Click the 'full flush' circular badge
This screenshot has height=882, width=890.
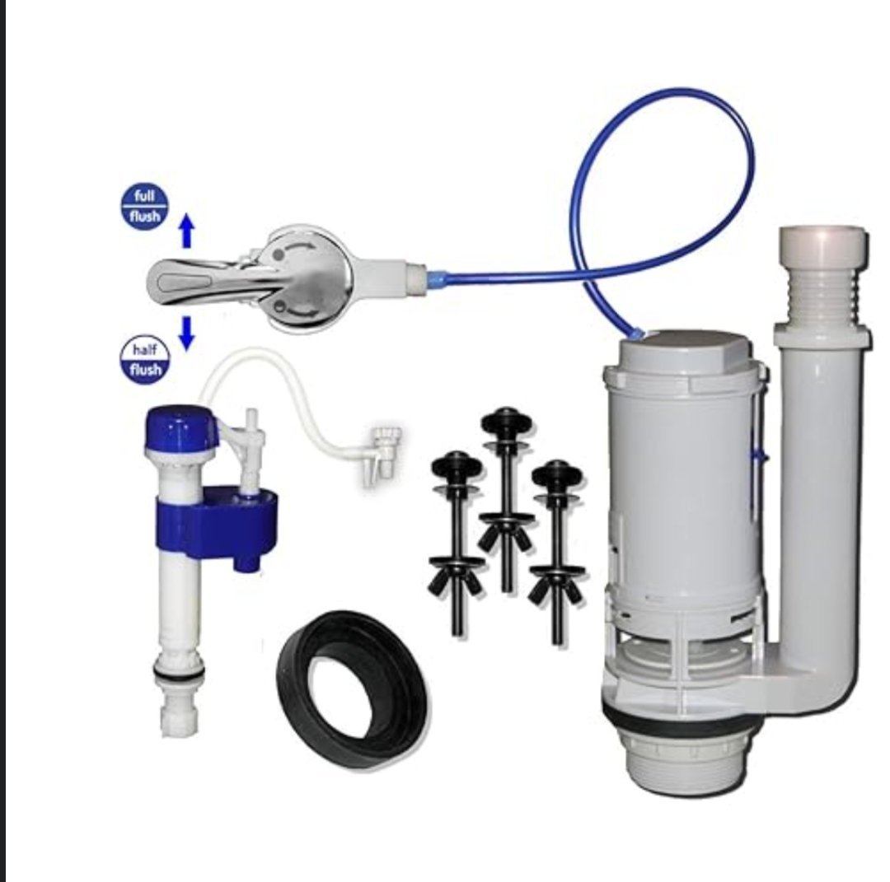pos(145,207)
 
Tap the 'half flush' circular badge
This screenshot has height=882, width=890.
pos(145,359)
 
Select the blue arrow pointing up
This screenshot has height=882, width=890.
pos(187,232)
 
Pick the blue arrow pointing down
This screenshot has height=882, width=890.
pos(187,333)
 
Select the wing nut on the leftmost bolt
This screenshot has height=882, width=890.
pos(457,576)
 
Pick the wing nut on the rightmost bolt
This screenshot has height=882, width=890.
pos(556,585)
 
